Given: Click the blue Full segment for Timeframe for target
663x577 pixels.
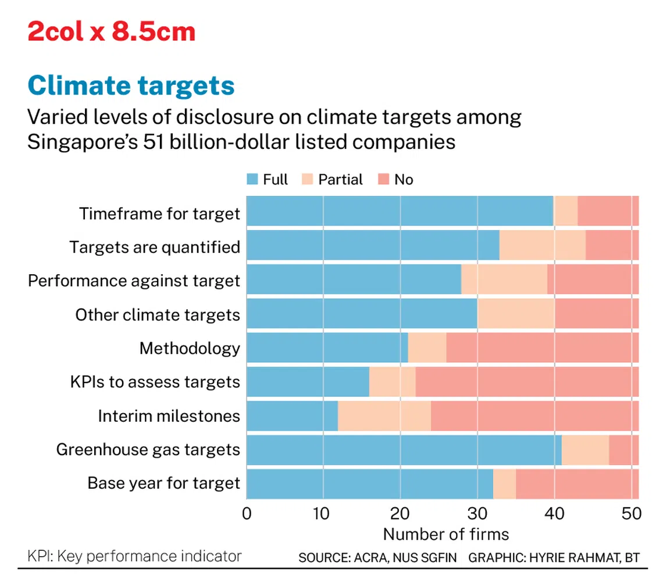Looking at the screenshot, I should (400, 211).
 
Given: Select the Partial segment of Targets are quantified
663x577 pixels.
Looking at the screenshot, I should (542, 245).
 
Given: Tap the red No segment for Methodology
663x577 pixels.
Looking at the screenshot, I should (542, 347).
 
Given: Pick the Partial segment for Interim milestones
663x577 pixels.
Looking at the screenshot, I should (384, 415).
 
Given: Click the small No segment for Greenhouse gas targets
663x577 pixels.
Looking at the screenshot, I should (623, 449).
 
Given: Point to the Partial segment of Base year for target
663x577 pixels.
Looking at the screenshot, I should (504, 483).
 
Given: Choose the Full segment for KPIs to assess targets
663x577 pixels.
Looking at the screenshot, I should (308, 381).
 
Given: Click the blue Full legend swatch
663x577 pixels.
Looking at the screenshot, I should (252, 180).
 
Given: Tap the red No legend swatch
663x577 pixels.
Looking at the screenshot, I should (384, 180).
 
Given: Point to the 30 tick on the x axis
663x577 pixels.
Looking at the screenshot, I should (477, 514).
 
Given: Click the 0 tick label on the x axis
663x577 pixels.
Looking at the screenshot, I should (247, 514).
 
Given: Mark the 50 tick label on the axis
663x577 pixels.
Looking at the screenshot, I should (631, 514).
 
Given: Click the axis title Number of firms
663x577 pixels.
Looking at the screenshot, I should (445, 533).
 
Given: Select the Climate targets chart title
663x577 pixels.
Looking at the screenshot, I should (131, 85).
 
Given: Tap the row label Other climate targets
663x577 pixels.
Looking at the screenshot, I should (157, 315).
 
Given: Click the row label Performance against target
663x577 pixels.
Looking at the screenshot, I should (134, 281).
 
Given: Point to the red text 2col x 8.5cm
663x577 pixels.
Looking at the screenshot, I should (111, 31).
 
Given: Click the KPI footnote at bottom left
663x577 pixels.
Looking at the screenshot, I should (134, 556).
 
